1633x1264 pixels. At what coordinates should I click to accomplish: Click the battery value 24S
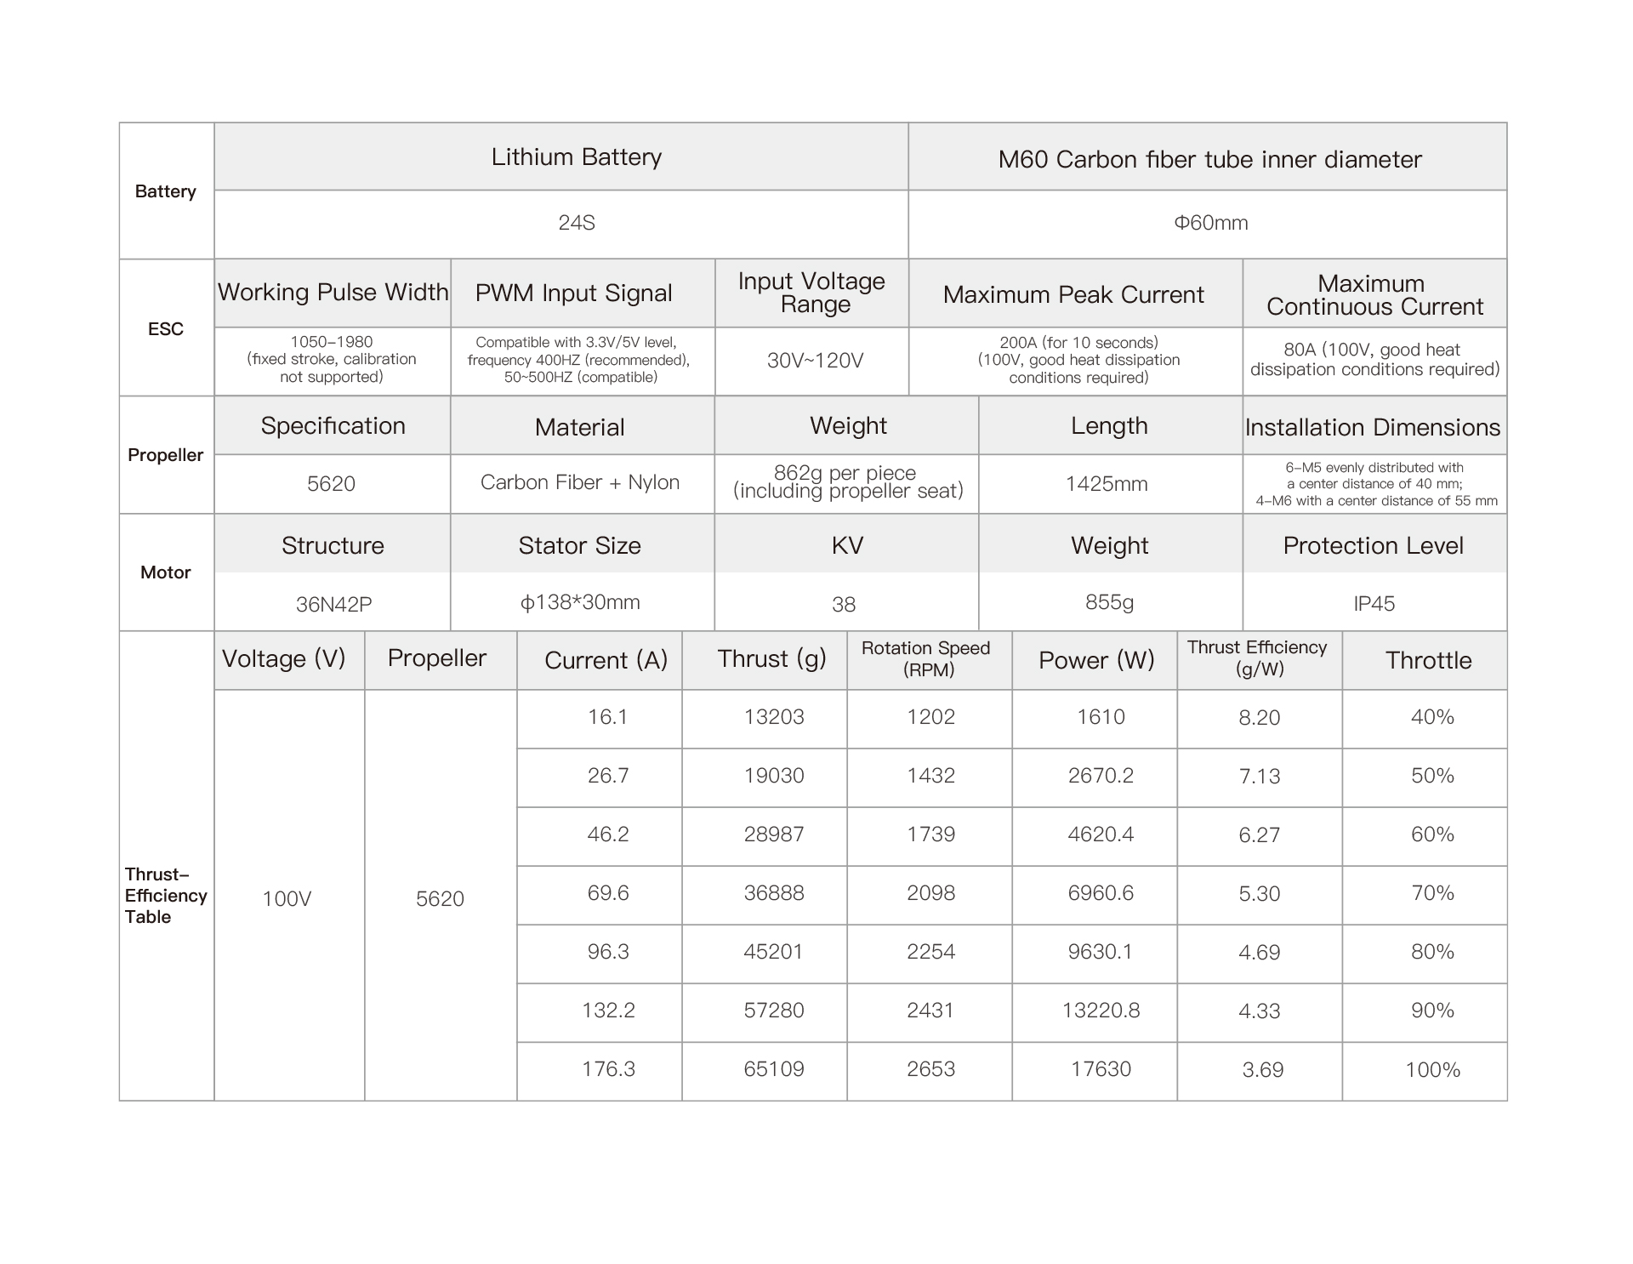[576, 223]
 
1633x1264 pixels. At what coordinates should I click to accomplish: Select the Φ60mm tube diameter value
[1210, 223]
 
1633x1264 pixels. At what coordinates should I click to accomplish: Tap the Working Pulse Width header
[333, 293]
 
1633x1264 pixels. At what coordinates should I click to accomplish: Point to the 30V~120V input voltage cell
[815, 361]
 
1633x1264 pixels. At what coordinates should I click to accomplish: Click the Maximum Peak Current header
[1073, 294]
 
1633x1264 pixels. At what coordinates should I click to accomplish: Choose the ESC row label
[166, 329]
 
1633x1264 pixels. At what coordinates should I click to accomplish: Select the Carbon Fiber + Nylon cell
[580, 482]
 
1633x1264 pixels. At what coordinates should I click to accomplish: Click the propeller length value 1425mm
[1107, 484]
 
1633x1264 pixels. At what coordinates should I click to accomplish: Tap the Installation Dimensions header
[1373, 427]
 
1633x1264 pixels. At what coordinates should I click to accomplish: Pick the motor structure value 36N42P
[333, 604]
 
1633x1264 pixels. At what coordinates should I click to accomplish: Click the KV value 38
[844, 604]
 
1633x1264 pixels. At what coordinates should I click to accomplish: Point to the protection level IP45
[1374, 604]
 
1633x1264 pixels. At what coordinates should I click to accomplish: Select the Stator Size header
[579, 545]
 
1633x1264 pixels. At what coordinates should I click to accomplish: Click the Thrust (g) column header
[771, 659]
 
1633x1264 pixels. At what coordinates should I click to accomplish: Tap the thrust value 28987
[774, 834]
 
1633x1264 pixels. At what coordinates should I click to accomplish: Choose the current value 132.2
[608, 1011]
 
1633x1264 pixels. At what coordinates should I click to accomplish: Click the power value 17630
[1101, 1069]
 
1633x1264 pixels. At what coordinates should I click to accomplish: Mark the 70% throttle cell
[1432, 893]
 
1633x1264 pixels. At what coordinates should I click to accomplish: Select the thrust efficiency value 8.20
[1259, 718]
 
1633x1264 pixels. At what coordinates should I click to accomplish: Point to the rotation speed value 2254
[930, 952]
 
